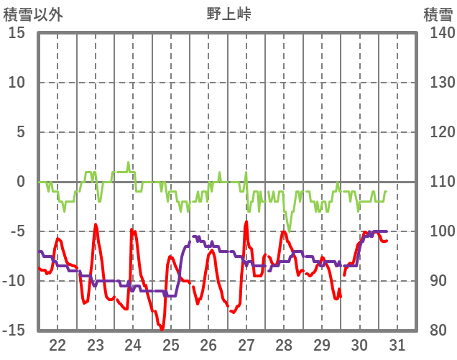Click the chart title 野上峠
pyautogui.click(x=229, y=14)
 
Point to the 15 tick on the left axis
pyautogui.click(x=17, y=33)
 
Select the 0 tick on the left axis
pyautogui.click(x=21, y=182)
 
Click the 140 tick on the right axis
pyautogui.click(x=438, y=33)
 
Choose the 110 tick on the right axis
pyautogui.click(x=438, y=182)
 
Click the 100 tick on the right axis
pyautogui.click(x=438, y=231)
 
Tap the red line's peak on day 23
pyautogui.click(x=96, y=224)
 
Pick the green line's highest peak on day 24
pyautogui.click(x=129, y=163)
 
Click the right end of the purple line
pyautogui.click(x=387, y=231)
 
